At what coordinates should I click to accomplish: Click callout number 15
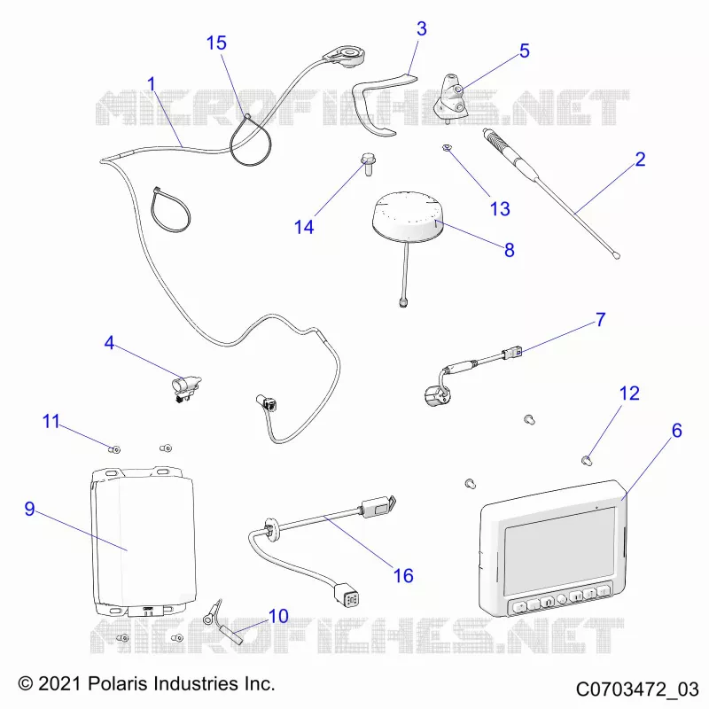tap(216, 43)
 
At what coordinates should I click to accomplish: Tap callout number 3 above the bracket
tap(422, 28)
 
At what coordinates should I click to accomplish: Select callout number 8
tap(509, 250)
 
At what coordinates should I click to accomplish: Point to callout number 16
tap(403, 575)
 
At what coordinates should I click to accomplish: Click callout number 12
tap(629, 393)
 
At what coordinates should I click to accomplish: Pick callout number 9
tap(29, 509)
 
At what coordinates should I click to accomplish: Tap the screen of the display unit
tap(559, 550)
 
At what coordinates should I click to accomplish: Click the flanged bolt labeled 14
tap(368, 164)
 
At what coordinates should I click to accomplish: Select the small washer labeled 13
tap(448, 147)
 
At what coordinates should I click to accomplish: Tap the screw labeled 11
tap(114, 449)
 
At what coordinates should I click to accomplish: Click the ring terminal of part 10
tap(207, 619)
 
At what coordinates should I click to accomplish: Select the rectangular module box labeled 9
tap(144, 541)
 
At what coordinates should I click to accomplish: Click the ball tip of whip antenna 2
tap(616, 255)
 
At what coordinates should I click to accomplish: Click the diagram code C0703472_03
tap(637, 690)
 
